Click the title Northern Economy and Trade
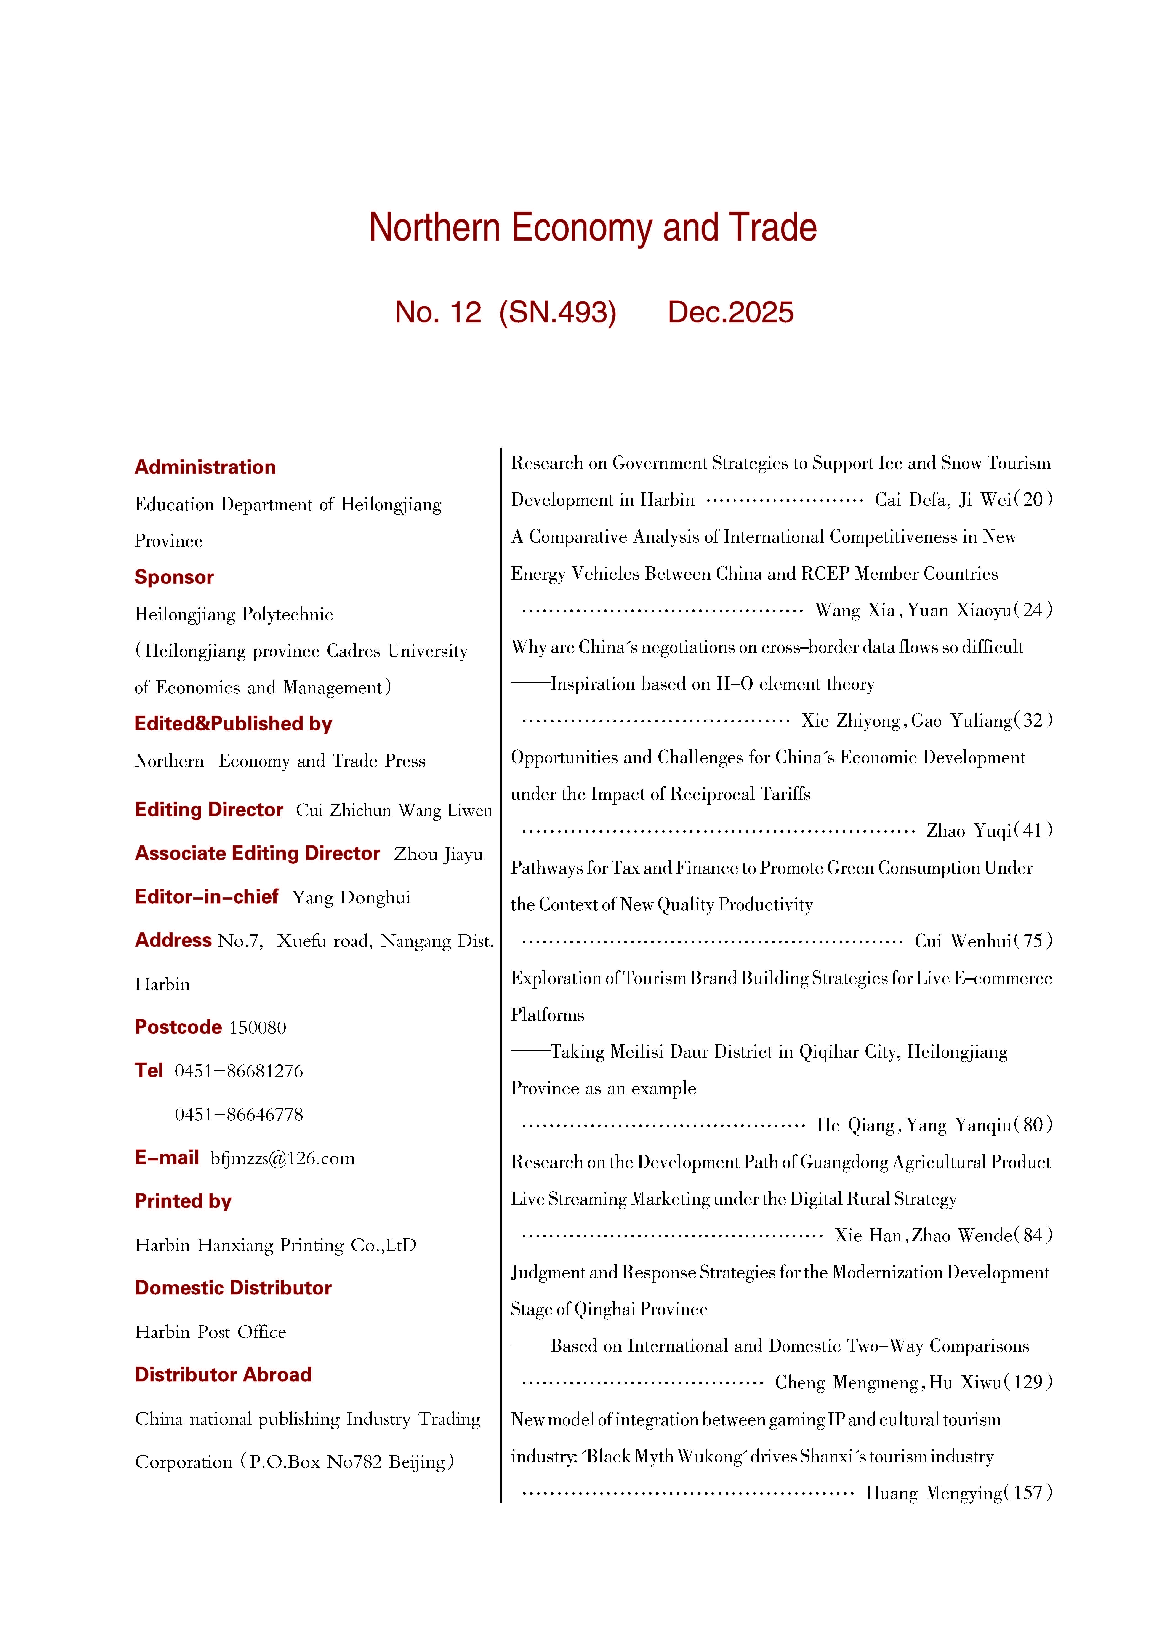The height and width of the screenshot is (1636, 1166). click(592, 228)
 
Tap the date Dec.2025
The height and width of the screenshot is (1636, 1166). click(730, 312)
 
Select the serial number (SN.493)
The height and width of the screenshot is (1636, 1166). click(558, 312)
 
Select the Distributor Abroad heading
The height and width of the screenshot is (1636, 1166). click(223, 1375)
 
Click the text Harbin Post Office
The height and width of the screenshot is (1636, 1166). click(210, 1332)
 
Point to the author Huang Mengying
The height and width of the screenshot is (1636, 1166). click(933, 1493)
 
